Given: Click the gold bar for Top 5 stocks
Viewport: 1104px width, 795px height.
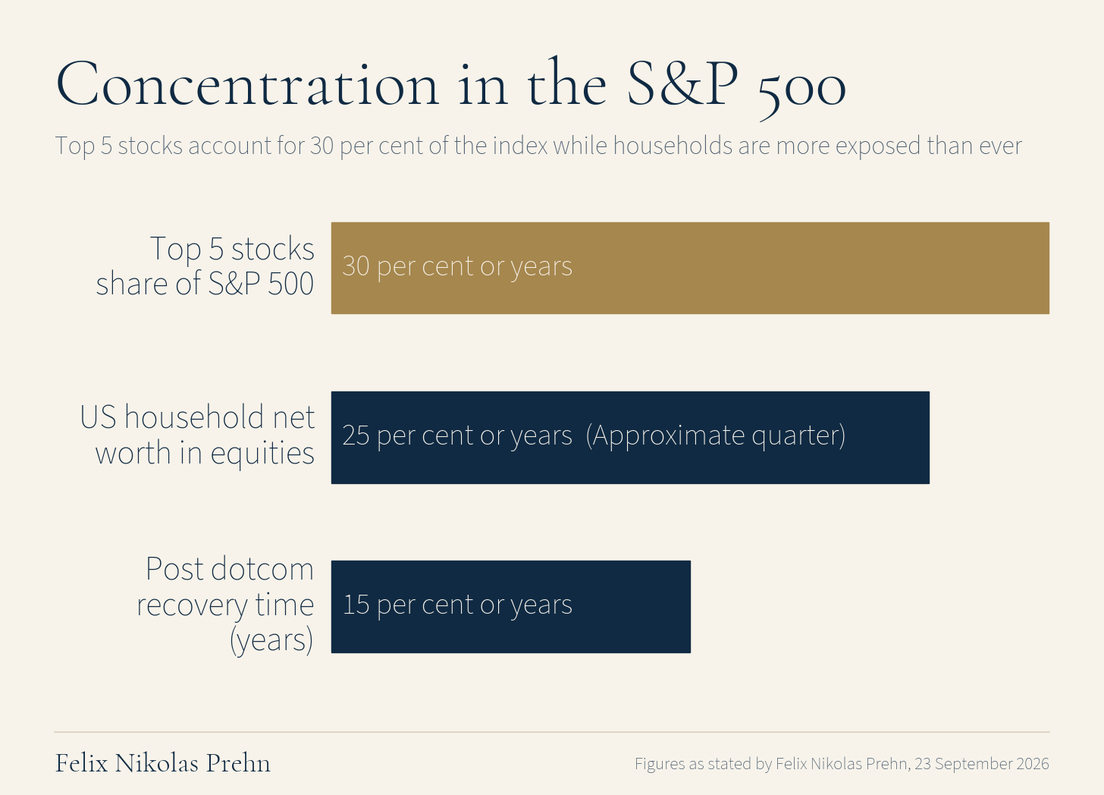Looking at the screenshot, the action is pos(690,268).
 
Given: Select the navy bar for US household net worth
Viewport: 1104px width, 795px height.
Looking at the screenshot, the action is pos(630,438).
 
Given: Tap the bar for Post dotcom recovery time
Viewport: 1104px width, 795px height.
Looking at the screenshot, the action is pos(510,607).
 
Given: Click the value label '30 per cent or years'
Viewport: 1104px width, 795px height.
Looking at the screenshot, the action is pos(457,267).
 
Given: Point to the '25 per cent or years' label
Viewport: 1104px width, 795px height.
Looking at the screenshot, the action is pos(457,436).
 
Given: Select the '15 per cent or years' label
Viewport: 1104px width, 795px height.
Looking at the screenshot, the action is pos(457,605).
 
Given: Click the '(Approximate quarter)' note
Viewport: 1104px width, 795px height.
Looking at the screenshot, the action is pos(716,436).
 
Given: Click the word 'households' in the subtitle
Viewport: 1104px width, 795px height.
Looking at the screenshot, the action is pos(673,146).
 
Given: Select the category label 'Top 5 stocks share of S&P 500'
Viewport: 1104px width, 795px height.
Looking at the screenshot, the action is pos(205,266).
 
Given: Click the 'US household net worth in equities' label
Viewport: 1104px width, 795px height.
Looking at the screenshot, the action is pos(197,435).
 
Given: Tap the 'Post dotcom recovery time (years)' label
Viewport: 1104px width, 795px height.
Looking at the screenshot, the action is pos(225,605).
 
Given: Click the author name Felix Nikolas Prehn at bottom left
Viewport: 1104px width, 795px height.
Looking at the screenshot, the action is pos(162,763).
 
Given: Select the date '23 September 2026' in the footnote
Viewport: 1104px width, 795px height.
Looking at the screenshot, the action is pos(982,763).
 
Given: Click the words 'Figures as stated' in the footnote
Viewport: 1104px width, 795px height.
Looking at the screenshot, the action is pos(694,764).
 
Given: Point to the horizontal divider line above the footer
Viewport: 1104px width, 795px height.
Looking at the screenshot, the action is pos(552,732).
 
